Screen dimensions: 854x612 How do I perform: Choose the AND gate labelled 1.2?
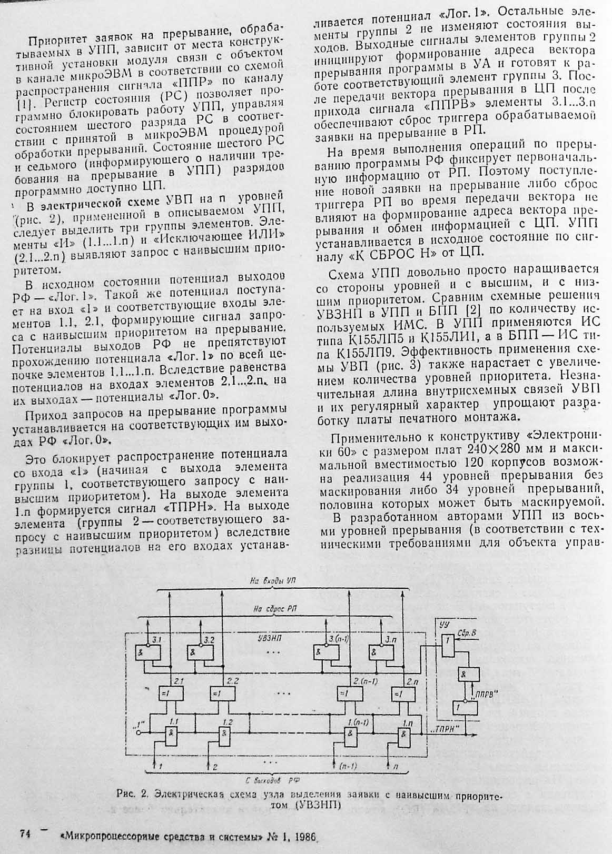[226, 733]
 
